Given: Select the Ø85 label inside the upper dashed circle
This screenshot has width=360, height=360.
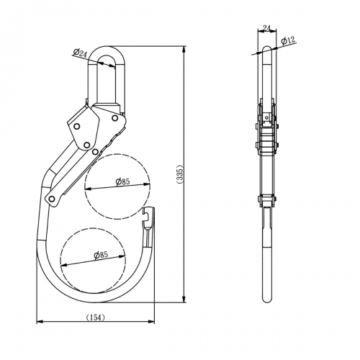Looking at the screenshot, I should tap(123, 182).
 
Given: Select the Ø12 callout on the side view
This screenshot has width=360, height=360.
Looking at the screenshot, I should tap(287, 40).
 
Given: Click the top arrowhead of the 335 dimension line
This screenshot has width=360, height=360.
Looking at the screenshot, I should tap(185, 45).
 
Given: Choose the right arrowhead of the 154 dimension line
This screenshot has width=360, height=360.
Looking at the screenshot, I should tap(155, 322).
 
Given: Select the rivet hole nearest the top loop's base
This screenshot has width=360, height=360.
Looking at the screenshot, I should tap(114, 113).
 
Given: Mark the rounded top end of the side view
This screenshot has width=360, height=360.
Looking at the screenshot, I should tap(266, 48).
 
